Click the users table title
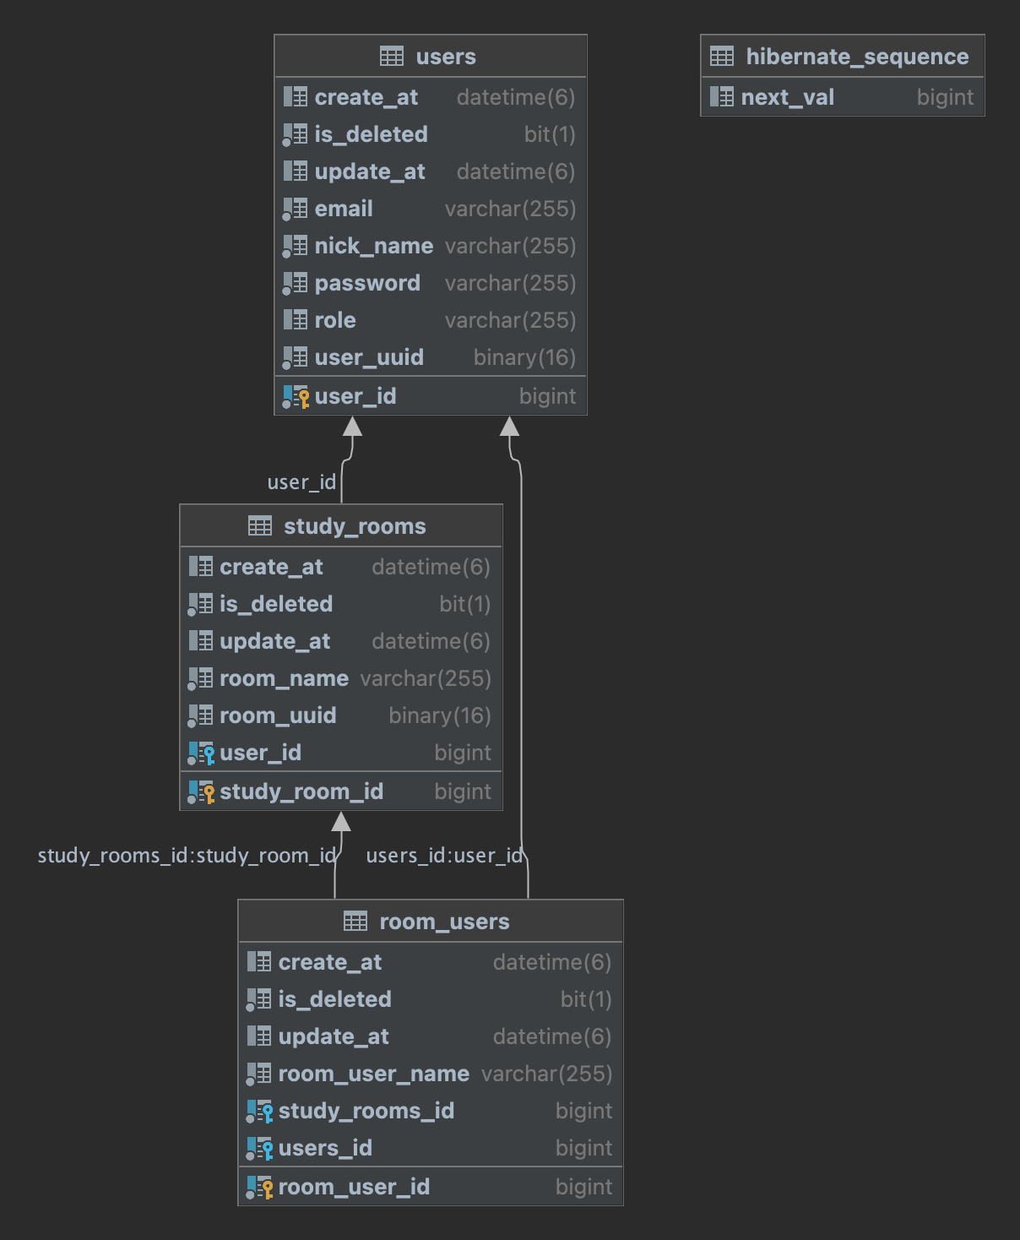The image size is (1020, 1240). [x=446, y=57]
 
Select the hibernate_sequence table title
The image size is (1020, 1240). [x=857, y=57]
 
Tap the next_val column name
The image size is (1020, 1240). [x=787, y=98]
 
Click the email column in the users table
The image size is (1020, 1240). [x=344, y=209]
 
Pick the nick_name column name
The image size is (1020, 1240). [x=374, y=246]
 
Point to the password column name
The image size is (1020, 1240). [x=367, y=284]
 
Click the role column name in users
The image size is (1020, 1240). [x=335, y=320]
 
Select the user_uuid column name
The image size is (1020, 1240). [x=369, y=357]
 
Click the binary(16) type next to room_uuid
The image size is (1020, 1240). [x=440, y=715]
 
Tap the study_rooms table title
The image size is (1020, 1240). [x=355, y=526]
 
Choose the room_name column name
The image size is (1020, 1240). [x=284, y=678]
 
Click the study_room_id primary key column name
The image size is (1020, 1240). [x=301, y=792]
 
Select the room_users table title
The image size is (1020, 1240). [x=444, y=922]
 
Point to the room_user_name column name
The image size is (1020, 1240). [x=374, y=1074]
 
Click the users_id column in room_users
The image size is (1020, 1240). [x=325, y=1148]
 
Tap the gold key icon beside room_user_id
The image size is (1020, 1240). [x=268, y=1188]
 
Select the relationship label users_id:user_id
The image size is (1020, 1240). [x=444, y=856]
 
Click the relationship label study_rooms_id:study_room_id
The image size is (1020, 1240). [x=187, y=856]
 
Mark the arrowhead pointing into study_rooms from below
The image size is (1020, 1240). [x=341, y=821]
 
